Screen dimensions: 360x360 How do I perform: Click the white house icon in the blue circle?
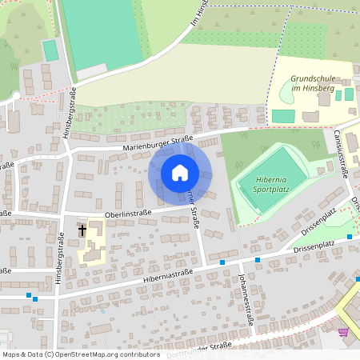pyautogui.click(x=180, y=173)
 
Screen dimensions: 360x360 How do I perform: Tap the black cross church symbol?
pyautogui.click(x=82, y=231)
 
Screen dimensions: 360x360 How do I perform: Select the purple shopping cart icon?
pyautogui.click(x=343, y=332)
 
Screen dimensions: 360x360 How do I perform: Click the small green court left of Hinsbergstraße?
pyautogui.click(x=50, y=50)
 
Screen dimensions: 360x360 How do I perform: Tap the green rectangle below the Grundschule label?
pyautogui.click(x=282, y=116)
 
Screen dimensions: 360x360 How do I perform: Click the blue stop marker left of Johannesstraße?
pyautogui.click(x=222, y=262)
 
